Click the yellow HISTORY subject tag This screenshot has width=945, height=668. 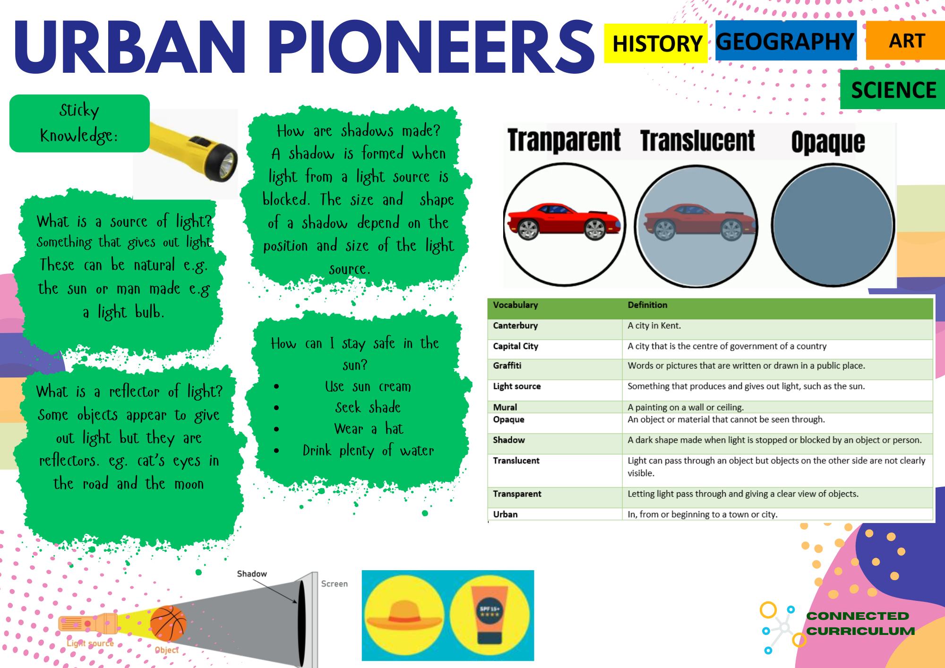tap(656, 43)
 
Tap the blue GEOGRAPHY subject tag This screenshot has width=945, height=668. tap(786, 41)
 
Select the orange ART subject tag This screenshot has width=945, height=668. tap(906, 41)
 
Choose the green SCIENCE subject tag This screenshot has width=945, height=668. tap(893, 90)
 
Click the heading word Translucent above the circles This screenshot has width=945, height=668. tap(697, 141)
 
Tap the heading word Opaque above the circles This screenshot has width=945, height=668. tap(828, 142)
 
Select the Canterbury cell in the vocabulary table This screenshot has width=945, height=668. tap(515, 325)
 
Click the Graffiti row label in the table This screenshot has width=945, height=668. tap(507, 366)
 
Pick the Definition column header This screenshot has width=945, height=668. tap(647, 305)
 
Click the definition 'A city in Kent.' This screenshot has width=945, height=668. tap(654, 325)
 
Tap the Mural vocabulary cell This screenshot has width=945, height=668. tap(505, 407)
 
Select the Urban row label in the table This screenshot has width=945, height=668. tap(505, 514)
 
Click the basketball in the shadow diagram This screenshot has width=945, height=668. tap(168, 623)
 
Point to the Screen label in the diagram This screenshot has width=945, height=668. tap(334, 584)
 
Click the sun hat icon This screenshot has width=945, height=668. tap(404, 615)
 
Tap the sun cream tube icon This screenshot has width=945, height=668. tap(490, 615)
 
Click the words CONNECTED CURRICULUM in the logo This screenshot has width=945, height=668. tap(860, 623)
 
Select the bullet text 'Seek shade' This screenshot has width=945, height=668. tap(368, 407)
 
